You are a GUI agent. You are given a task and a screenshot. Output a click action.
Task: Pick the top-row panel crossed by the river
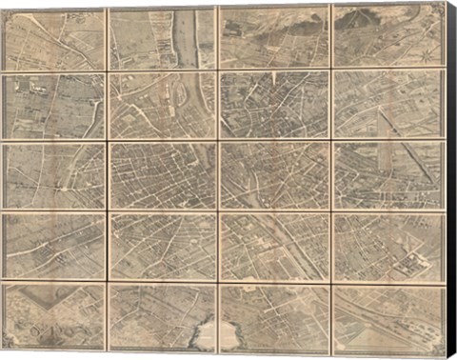(x=162, y=38)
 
